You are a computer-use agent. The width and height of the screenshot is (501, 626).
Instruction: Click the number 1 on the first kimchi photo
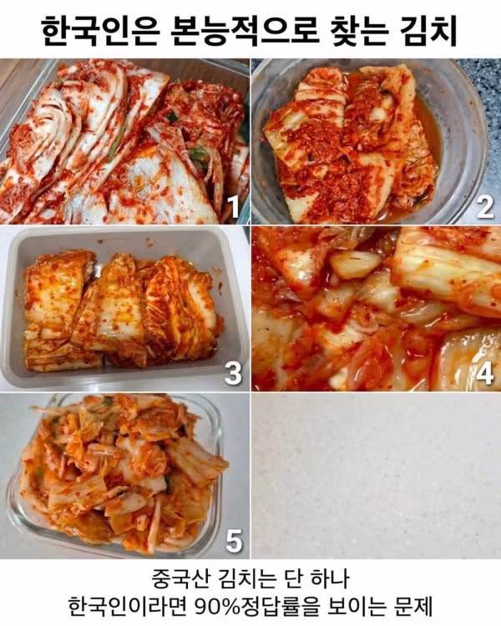pos(232,207)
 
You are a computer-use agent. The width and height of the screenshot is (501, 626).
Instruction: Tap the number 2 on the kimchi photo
pos(485,207)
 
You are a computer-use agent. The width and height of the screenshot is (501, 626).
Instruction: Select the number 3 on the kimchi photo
pos(233,373)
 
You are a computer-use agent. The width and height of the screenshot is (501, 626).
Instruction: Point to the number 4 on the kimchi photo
pos(485,374)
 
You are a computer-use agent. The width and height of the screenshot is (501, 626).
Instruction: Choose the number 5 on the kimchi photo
pos(234,541)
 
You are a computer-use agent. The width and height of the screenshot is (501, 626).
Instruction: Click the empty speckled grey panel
pos(376,476)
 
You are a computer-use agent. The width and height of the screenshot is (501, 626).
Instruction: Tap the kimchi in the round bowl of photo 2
pos(352,144)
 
